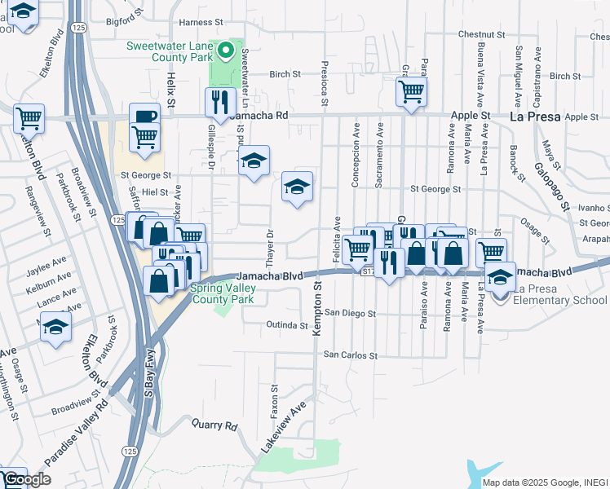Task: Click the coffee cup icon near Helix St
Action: tap(144, 116)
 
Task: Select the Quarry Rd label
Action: tap(214, 425)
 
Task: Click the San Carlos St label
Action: tap(351, 355)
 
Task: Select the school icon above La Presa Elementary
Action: tap(500, 277)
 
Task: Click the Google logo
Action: tap(27, 480)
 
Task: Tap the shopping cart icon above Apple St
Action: tap(412, 90)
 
